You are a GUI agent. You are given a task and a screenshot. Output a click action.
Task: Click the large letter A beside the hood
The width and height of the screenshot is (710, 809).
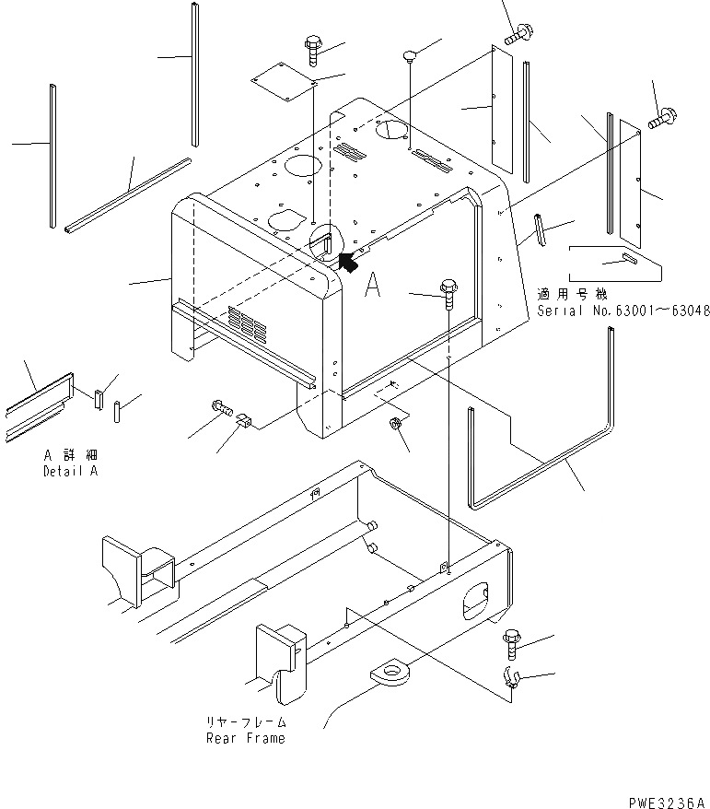pyautogui.click(x=373, y=286)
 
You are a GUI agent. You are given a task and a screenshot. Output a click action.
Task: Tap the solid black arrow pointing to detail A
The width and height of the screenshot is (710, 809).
pyautogui.click(x=349, y=264)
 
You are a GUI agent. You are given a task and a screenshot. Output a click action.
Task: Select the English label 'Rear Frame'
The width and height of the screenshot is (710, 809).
pyautogui.click(x=246, y=737)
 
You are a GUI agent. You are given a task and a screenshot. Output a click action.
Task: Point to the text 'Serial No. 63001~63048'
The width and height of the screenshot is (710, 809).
pyautogui.click(x=623, y=311)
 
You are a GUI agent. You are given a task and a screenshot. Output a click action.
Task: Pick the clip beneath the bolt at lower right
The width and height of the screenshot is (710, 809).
pyautogui.click(x=513, y=679)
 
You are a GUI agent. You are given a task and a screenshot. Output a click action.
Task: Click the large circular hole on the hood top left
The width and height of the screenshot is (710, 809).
pyautogui.click(x=305, y=166)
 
